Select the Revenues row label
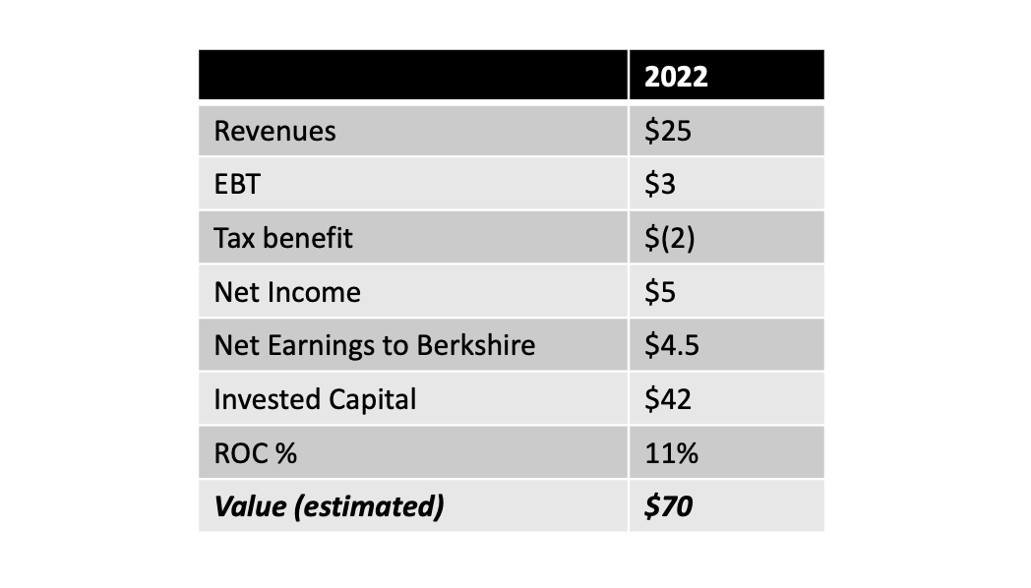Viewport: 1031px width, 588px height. [x=274, y=131]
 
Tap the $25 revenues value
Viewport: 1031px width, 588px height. [x=668, y=131]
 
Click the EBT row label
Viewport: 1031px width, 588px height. [x=236, y=185]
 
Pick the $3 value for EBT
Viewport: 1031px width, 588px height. [x=660, y=185]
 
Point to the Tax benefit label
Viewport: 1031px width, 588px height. [x=282, y=238]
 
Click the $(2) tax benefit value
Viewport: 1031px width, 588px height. [x=669, y=238]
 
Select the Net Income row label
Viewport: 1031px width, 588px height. [x=287, y=292]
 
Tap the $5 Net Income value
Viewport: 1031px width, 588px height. [x=660, y=292]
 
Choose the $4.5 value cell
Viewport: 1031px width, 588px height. [x=672, y=345]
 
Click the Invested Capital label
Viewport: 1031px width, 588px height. [x=315, y=399]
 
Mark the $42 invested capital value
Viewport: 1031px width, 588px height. [x=668, y=399]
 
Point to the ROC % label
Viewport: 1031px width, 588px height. [x=256, y=453]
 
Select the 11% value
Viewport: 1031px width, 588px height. [x=671, y=453]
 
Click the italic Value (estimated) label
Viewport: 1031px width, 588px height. [x=329, y=506]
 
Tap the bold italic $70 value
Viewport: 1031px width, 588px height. [x=668, y=506]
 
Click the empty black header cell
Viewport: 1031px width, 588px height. [x=413, y=76]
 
